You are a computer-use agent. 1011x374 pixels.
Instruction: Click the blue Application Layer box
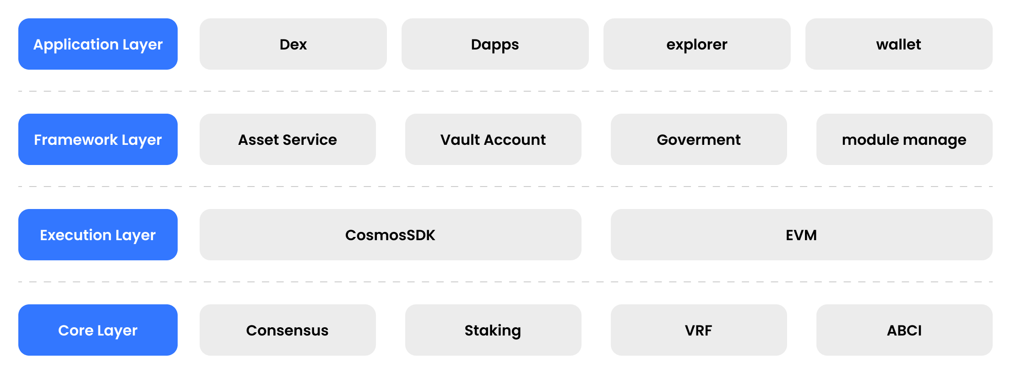pos(98,44)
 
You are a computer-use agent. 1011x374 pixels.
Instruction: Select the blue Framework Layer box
pos(98,139)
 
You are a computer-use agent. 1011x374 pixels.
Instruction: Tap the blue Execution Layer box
pos(98,235)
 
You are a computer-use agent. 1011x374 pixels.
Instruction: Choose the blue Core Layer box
pos(98,330)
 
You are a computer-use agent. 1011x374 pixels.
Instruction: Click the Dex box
pos(293,44)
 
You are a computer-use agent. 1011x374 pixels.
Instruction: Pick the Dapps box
pos(495,44)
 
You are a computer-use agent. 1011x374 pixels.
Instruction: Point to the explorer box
pos(697,44)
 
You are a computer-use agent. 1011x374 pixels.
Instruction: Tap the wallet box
pos(899,44)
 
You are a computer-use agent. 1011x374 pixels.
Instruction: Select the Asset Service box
pos(288,139)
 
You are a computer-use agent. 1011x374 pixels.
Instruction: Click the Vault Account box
pos(493,139)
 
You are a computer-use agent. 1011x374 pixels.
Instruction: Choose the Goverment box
pos(699,139)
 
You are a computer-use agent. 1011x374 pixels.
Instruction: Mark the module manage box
pos(904,139)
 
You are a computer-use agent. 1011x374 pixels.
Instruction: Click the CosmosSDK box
pos(391,235)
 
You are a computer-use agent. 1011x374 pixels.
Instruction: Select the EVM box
pos(802,235)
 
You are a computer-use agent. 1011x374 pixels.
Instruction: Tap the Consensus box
pos(288,330)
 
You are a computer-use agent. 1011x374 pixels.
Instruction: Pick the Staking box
pos(493,330)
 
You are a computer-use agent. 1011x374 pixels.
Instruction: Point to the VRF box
pos(699,330)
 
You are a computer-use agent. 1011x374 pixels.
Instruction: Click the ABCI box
pos(904,330)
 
